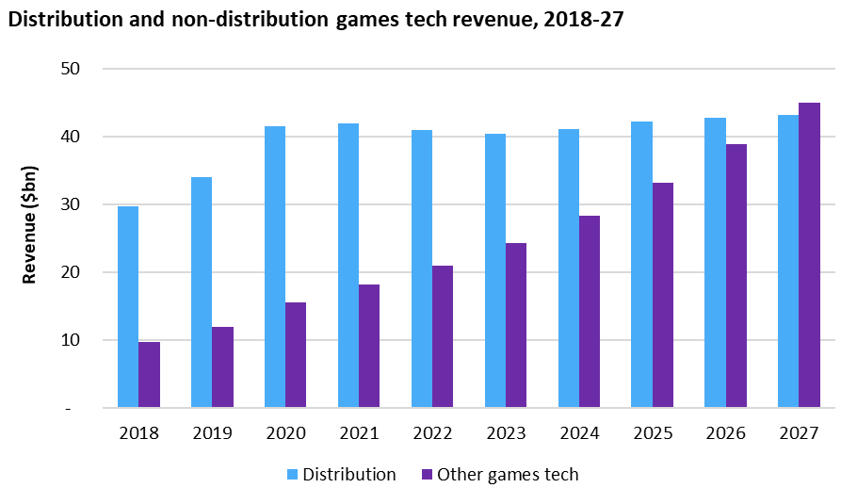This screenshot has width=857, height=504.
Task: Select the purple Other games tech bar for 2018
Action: [x=150, y=375]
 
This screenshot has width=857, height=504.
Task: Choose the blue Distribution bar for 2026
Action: [x=715, y=263]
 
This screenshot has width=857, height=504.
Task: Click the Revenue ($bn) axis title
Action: [x=29, y=238]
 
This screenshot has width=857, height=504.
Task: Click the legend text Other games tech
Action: [x=507, y=475]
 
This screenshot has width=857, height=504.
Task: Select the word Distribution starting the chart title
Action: [x=55, y=18]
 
